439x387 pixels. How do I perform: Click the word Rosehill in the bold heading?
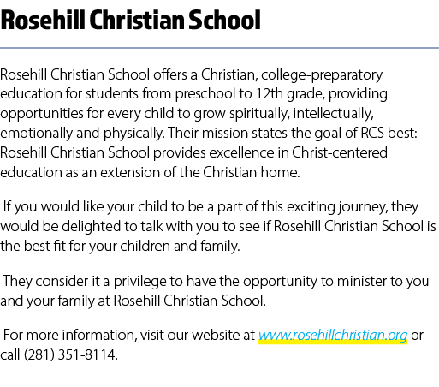click(x=43, y=20)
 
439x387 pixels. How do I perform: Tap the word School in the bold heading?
click(x=224, y=20)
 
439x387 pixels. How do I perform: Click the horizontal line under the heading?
click(x=219, y=48)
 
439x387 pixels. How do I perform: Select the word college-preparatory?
click(x=322, y=75)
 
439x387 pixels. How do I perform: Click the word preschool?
click(x=205, y=94)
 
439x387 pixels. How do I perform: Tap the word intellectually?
click(x=333, y=114)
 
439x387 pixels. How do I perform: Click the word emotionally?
click(x=36, y=134)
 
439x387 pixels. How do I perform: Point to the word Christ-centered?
click(x=340, y=152)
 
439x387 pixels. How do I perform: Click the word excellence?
click(x=242, y=152)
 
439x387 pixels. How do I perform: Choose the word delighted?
click(x=91, y=227)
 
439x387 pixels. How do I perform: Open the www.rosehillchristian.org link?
click(x=333, y=336)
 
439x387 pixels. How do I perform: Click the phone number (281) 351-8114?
click(x=71, y=355)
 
